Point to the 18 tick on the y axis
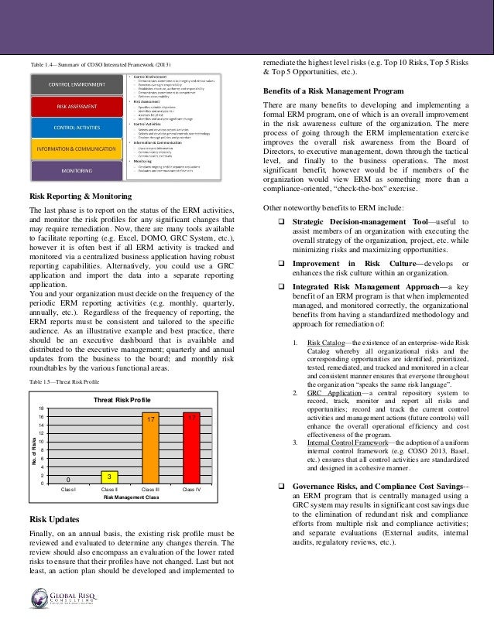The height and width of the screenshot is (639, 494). [41, 408]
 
